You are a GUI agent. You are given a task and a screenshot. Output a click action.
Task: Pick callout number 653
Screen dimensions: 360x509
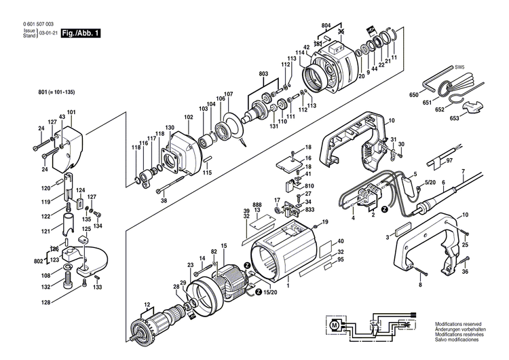(x=454, y=119)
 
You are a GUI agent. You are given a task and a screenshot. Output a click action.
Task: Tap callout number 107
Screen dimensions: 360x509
(x=228, y=94)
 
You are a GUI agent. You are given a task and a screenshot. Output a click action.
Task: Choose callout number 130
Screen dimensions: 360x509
(x=170, y=128)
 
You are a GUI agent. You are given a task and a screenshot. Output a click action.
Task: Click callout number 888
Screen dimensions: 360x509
(x=257, y=204)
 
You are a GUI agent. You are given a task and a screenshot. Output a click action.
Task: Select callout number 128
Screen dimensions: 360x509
(x=46, y=302)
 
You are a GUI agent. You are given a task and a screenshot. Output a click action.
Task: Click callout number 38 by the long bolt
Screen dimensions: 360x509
(x=163, y=201)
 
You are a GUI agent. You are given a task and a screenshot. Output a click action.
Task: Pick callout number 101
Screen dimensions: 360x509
(x=71, y=111)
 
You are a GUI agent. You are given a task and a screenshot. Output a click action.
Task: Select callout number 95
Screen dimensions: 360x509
(x=340, y=259)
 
